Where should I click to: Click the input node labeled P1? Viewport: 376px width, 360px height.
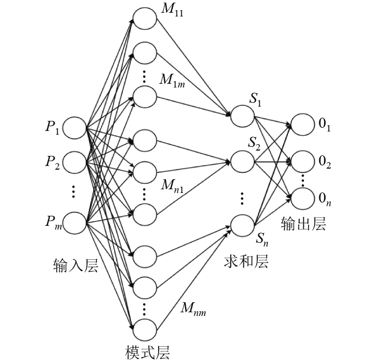click(75, 128)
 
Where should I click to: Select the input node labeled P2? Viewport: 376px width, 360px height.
click(75, 162)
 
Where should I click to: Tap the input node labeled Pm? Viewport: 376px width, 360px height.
click(75, 223)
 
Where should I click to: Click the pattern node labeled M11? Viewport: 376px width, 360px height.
click(144, 19)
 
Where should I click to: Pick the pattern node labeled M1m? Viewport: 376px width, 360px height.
click(144, 97)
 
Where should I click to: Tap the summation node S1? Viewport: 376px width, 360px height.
click(242, 115)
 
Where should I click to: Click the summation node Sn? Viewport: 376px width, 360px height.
click(242, 224)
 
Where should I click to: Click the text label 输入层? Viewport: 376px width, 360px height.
click(76, 265)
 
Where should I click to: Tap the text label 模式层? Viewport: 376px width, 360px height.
click(148, 352)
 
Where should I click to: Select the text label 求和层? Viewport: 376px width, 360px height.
click(246, 261)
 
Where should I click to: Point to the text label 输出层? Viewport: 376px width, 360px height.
click(303, 224)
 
